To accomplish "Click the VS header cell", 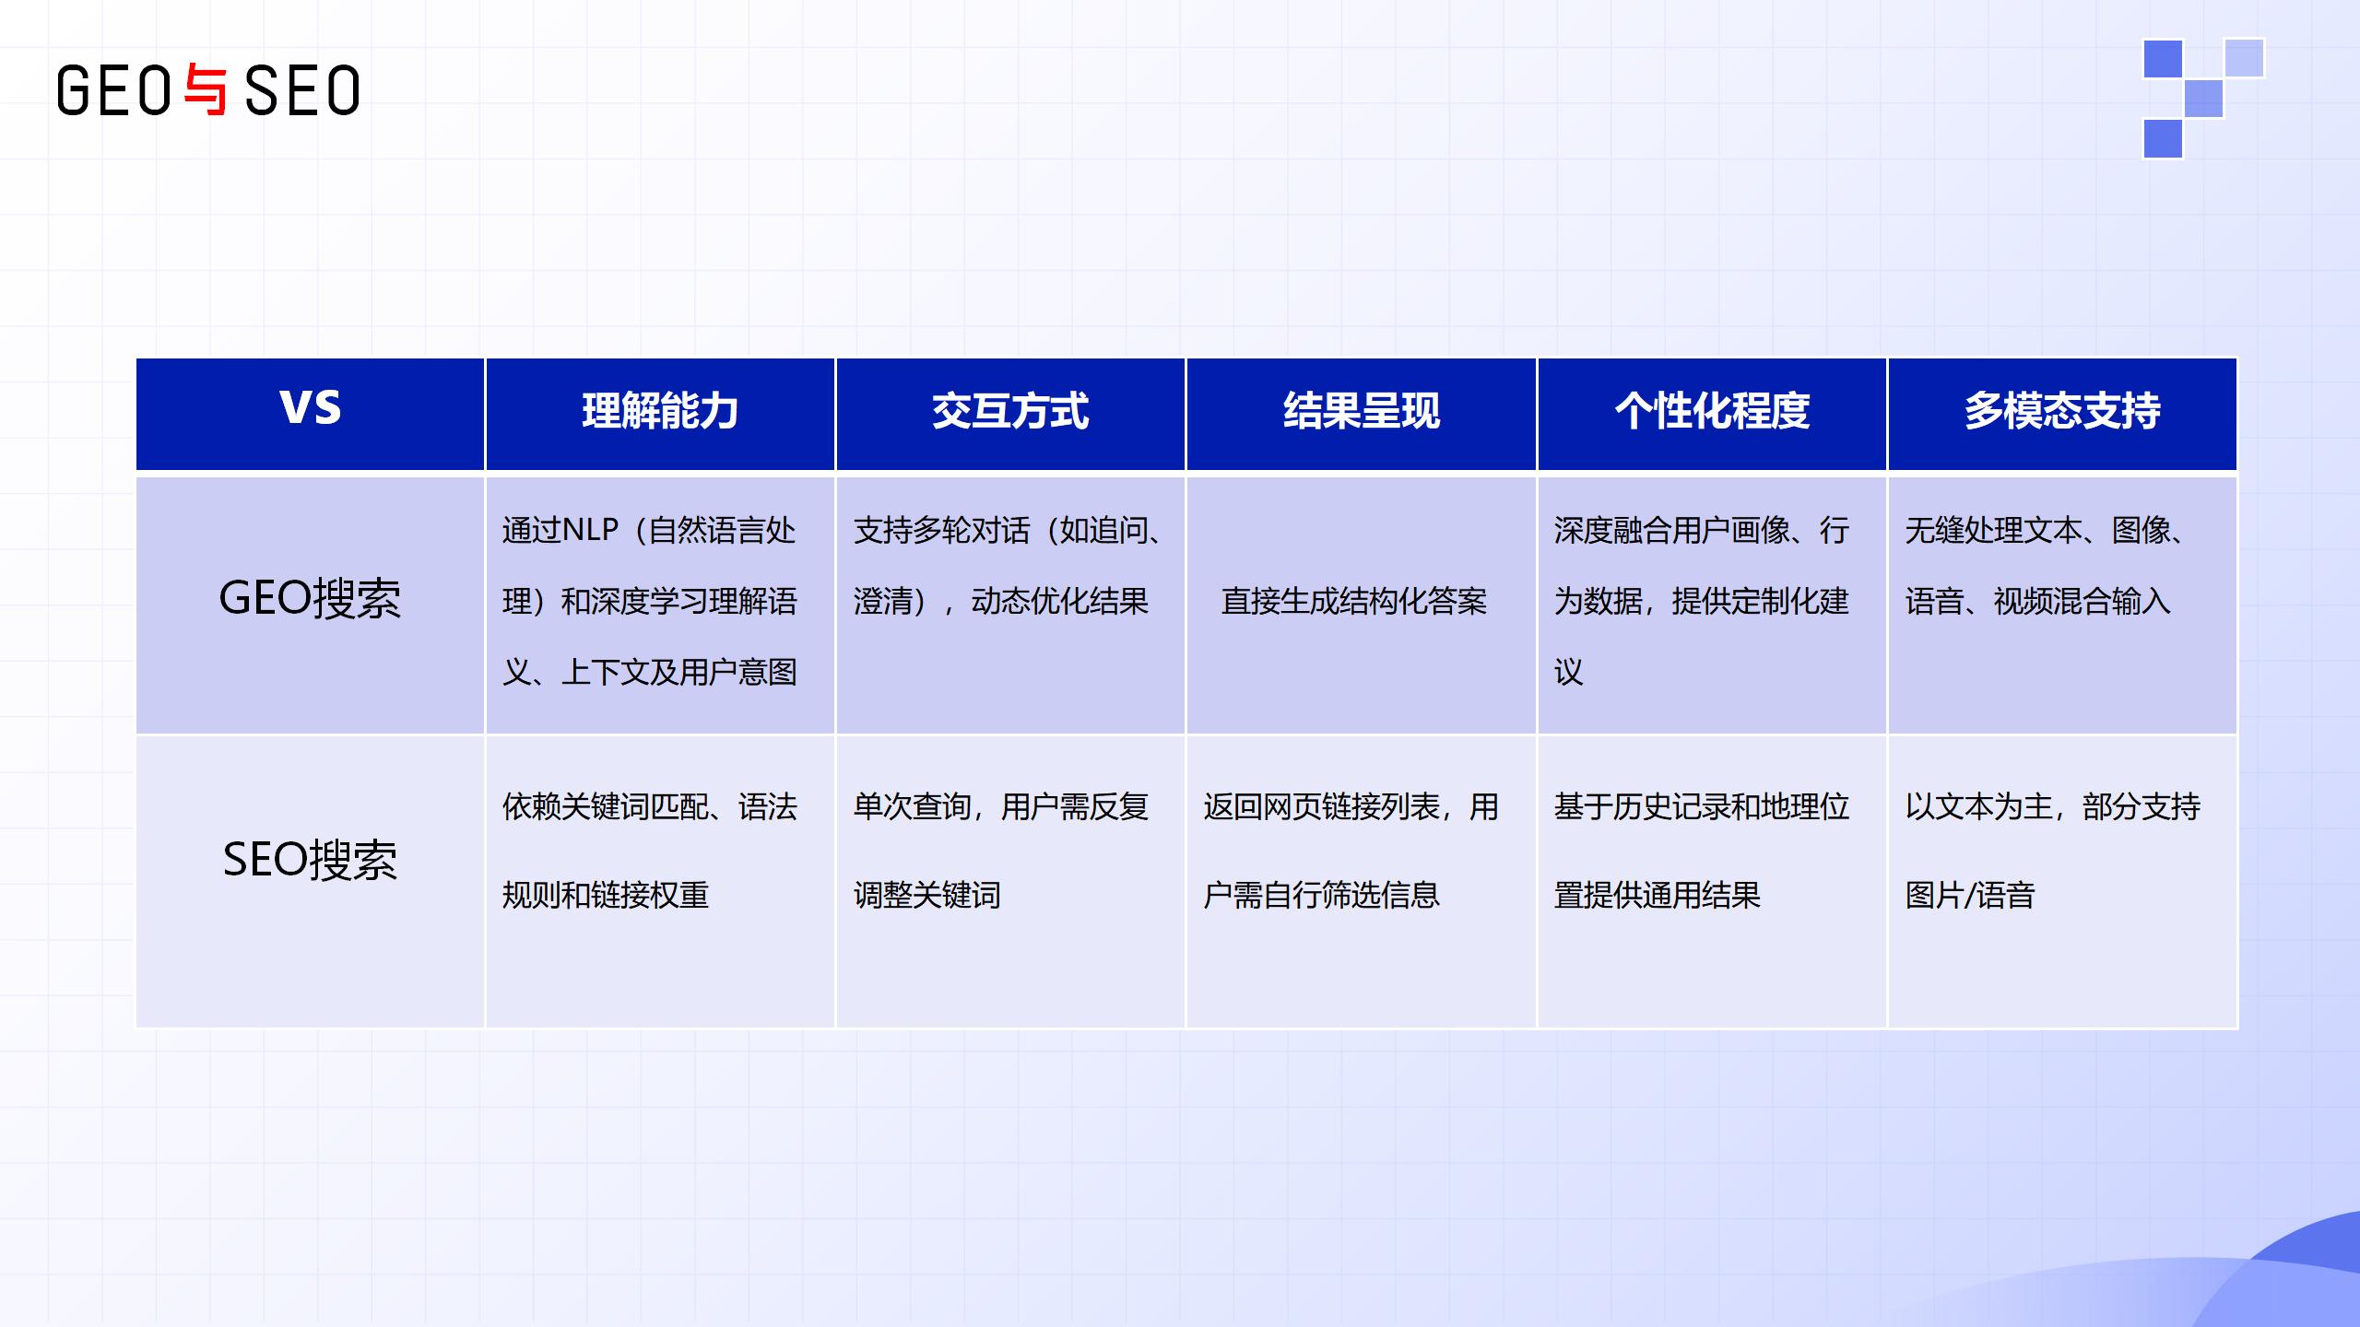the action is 310,414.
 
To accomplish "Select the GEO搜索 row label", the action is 310,598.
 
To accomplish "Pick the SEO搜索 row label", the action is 310,860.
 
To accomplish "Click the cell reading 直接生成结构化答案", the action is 1354,602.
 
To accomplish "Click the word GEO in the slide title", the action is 113,90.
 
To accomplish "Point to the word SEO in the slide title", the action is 302,90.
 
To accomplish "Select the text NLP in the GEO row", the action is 590,530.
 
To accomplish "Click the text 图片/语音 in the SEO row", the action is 1970,895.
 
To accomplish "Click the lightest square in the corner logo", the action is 2244,58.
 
